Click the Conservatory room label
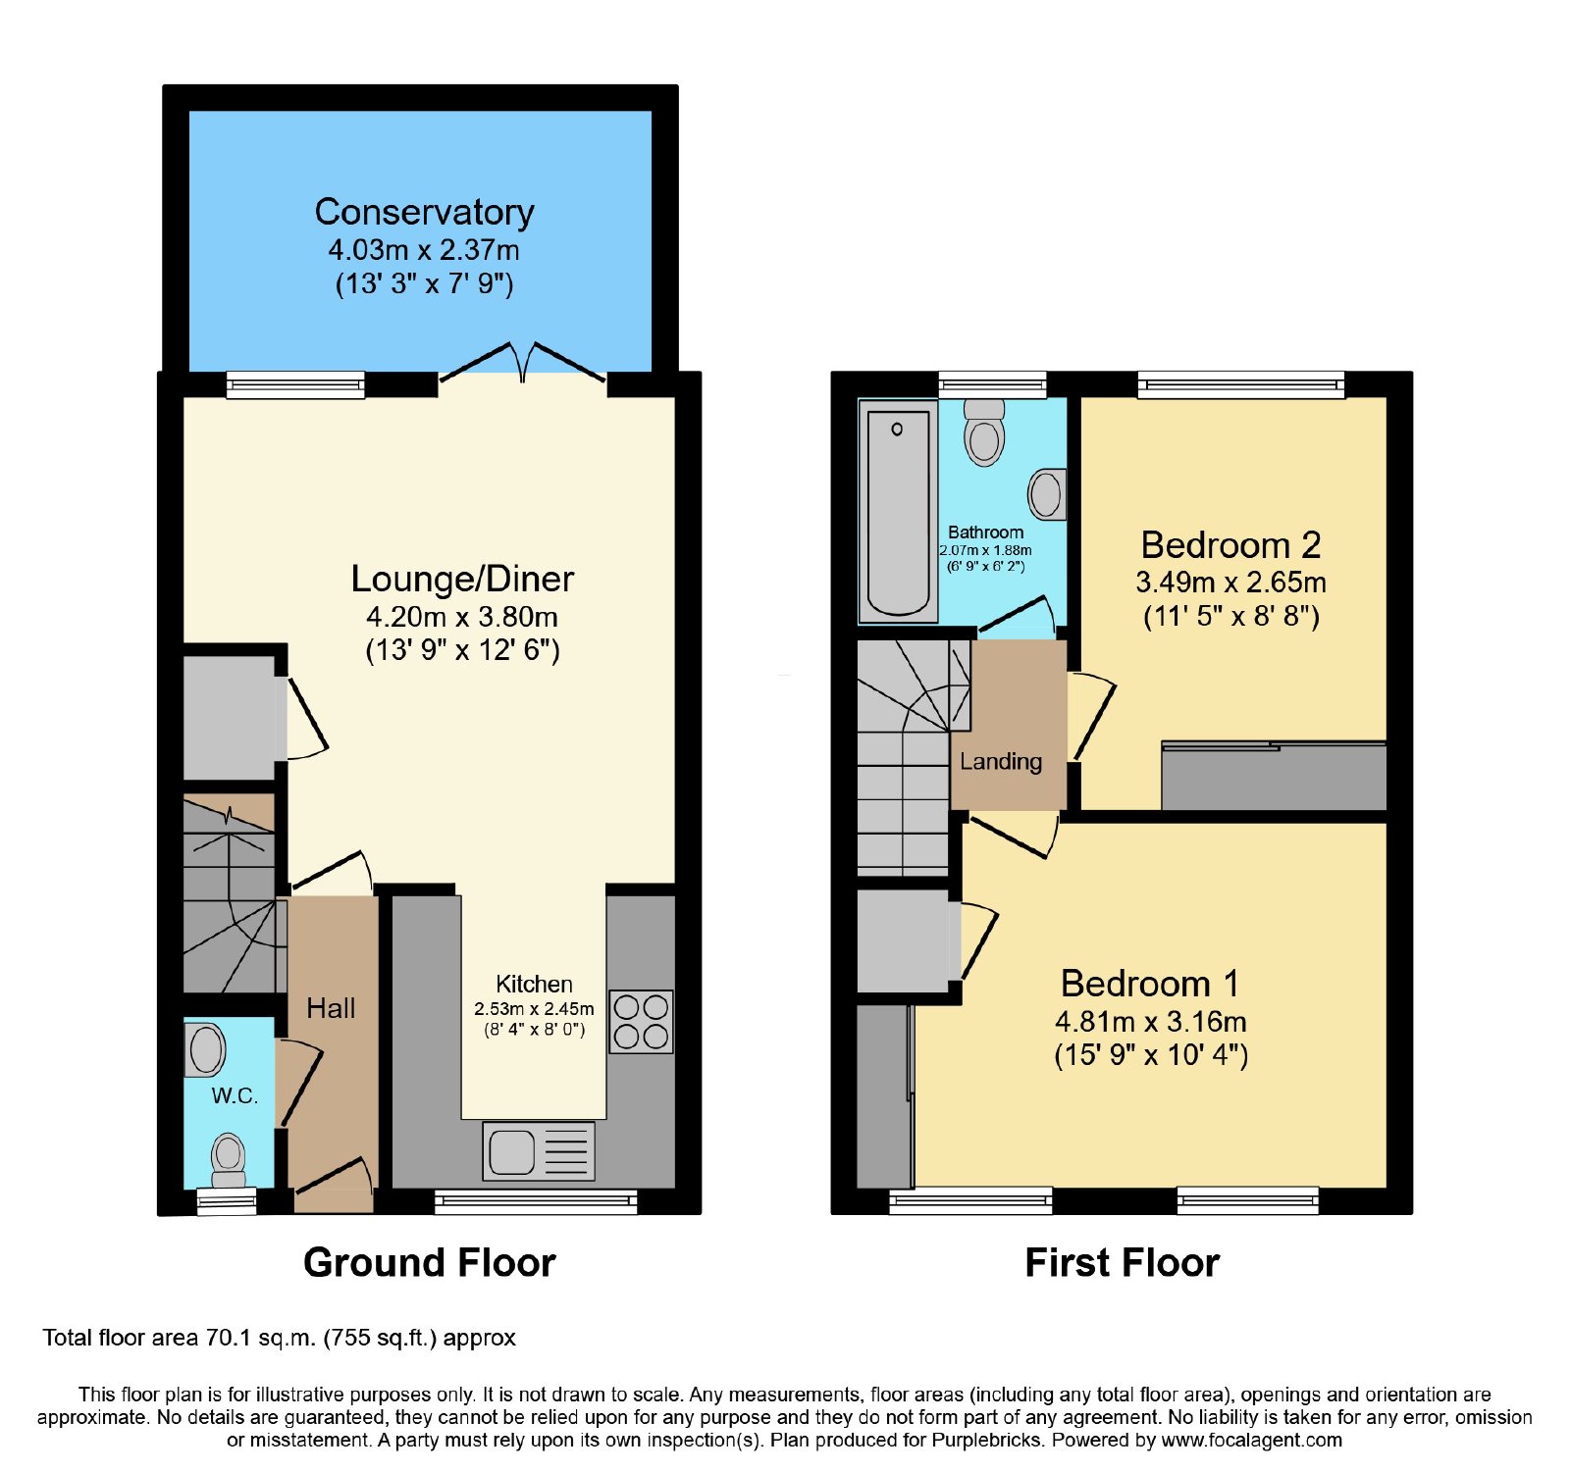click(x=424, y=212)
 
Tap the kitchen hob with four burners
click(x=641, y=1022)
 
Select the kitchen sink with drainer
click(x=539, y=1150)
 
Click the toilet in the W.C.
click(x=229, y=1161)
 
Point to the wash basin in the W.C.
click(x=205, y=1049)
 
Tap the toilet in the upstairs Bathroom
click(x=984, y=431)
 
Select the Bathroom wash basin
click(x=1047, y=493)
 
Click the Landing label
click(x=1001, y=762)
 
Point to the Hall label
click(x=331, y=1008)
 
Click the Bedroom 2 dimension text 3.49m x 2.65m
click(x=1230, y=583)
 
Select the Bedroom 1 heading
click(x=1150, y=984)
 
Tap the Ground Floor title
click(x=430, y=1262)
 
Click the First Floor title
click(x=1123, y=1262)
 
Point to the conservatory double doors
click(x=523, y=362)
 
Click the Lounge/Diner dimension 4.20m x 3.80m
click(x=462, y=617)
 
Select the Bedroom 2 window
click(x=1241, y=384)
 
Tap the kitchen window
click(x=536, y=1201)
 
